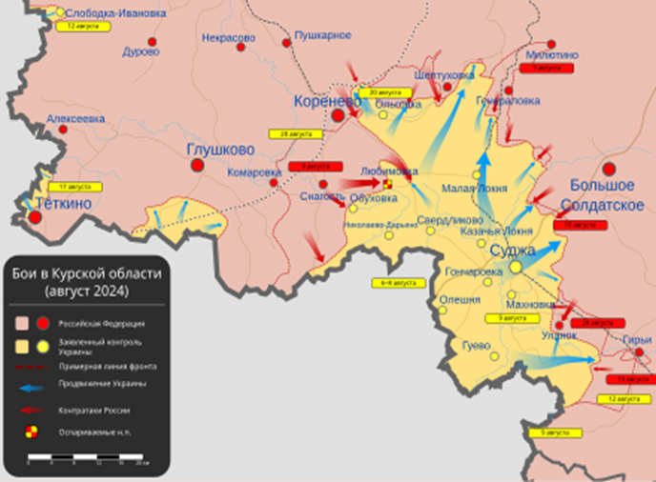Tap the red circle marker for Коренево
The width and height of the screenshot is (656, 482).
pyautogui.click(x=338, y=115)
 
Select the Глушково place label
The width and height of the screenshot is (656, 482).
pyautogui.click(x=220, y=150)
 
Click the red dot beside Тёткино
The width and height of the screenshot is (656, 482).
pyautogui.click(x=35, y=217)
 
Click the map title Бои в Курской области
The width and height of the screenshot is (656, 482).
pyautogui.click(x=87, y=281)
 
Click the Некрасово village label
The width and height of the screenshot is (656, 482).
pyautogui.click(x=229, y=38)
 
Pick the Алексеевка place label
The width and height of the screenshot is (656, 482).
pyautogui.click(x=75, y=119)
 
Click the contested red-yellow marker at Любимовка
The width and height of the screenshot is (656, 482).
pyautogui.click(x=388, y=184)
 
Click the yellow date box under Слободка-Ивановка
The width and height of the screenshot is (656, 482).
pyautogui.click(x=83, y=27)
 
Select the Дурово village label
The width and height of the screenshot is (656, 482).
pyautogui.click(x=141, y=51)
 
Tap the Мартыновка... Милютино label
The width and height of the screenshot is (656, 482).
pyautogui.click(x=551, y=55)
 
